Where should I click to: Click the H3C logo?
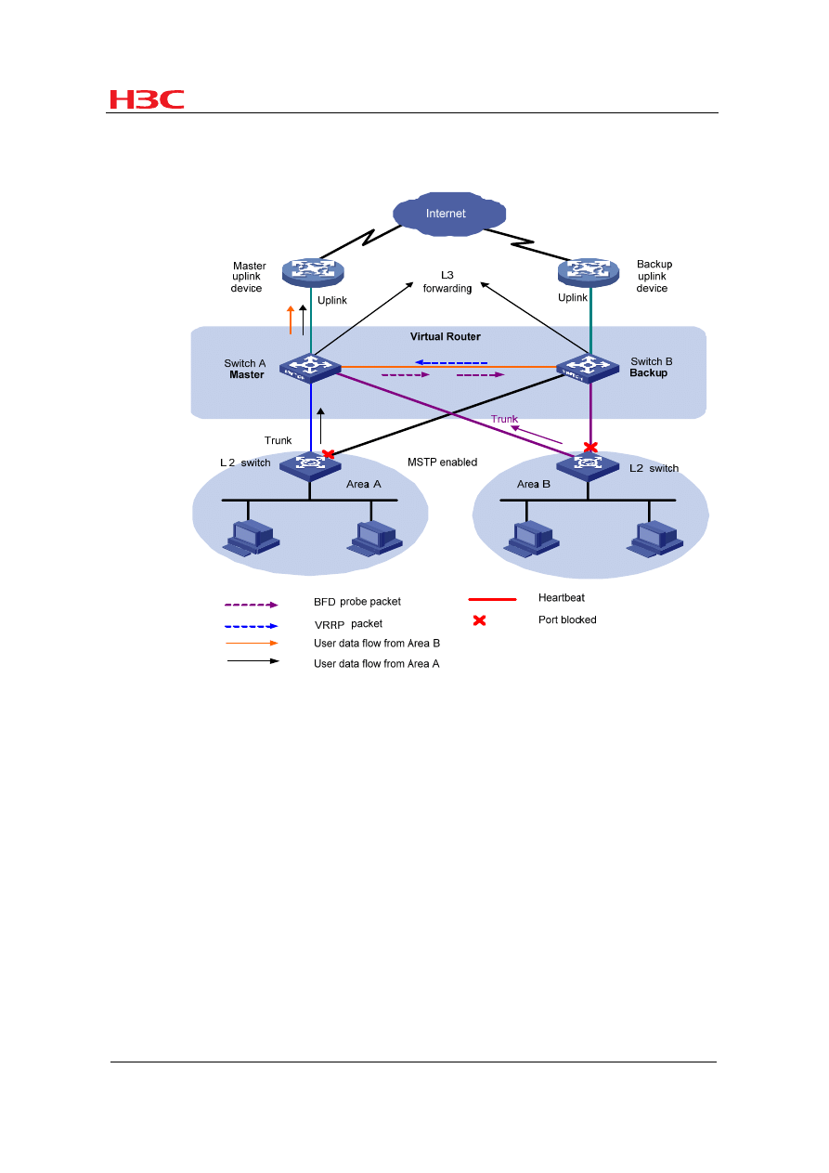click(147, 99)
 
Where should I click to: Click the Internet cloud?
click(447, 214)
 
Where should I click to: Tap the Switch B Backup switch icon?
click(589, 368)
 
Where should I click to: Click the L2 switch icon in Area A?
click(308, 463)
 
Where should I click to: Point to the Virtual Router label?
click(447, 336)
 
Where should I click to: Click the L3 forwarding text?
click(447, 281)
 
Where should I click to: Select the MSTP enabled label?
click(442, 462)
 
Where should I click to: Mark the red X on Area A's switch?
click(328, 454)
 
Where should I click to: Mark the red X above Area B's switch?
click(589, 447)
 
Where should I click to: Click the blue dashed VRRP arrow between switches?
click(450, 362)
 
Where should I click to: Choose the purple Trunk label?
click(504, 419)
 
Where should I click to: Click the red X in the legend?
click(480, 620)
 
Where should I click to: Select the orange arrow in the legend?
click(251, 643)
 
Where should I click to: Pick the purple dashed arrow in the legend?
click(251, 604)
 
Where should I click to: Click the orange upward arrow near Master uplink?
click(291, 319)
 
